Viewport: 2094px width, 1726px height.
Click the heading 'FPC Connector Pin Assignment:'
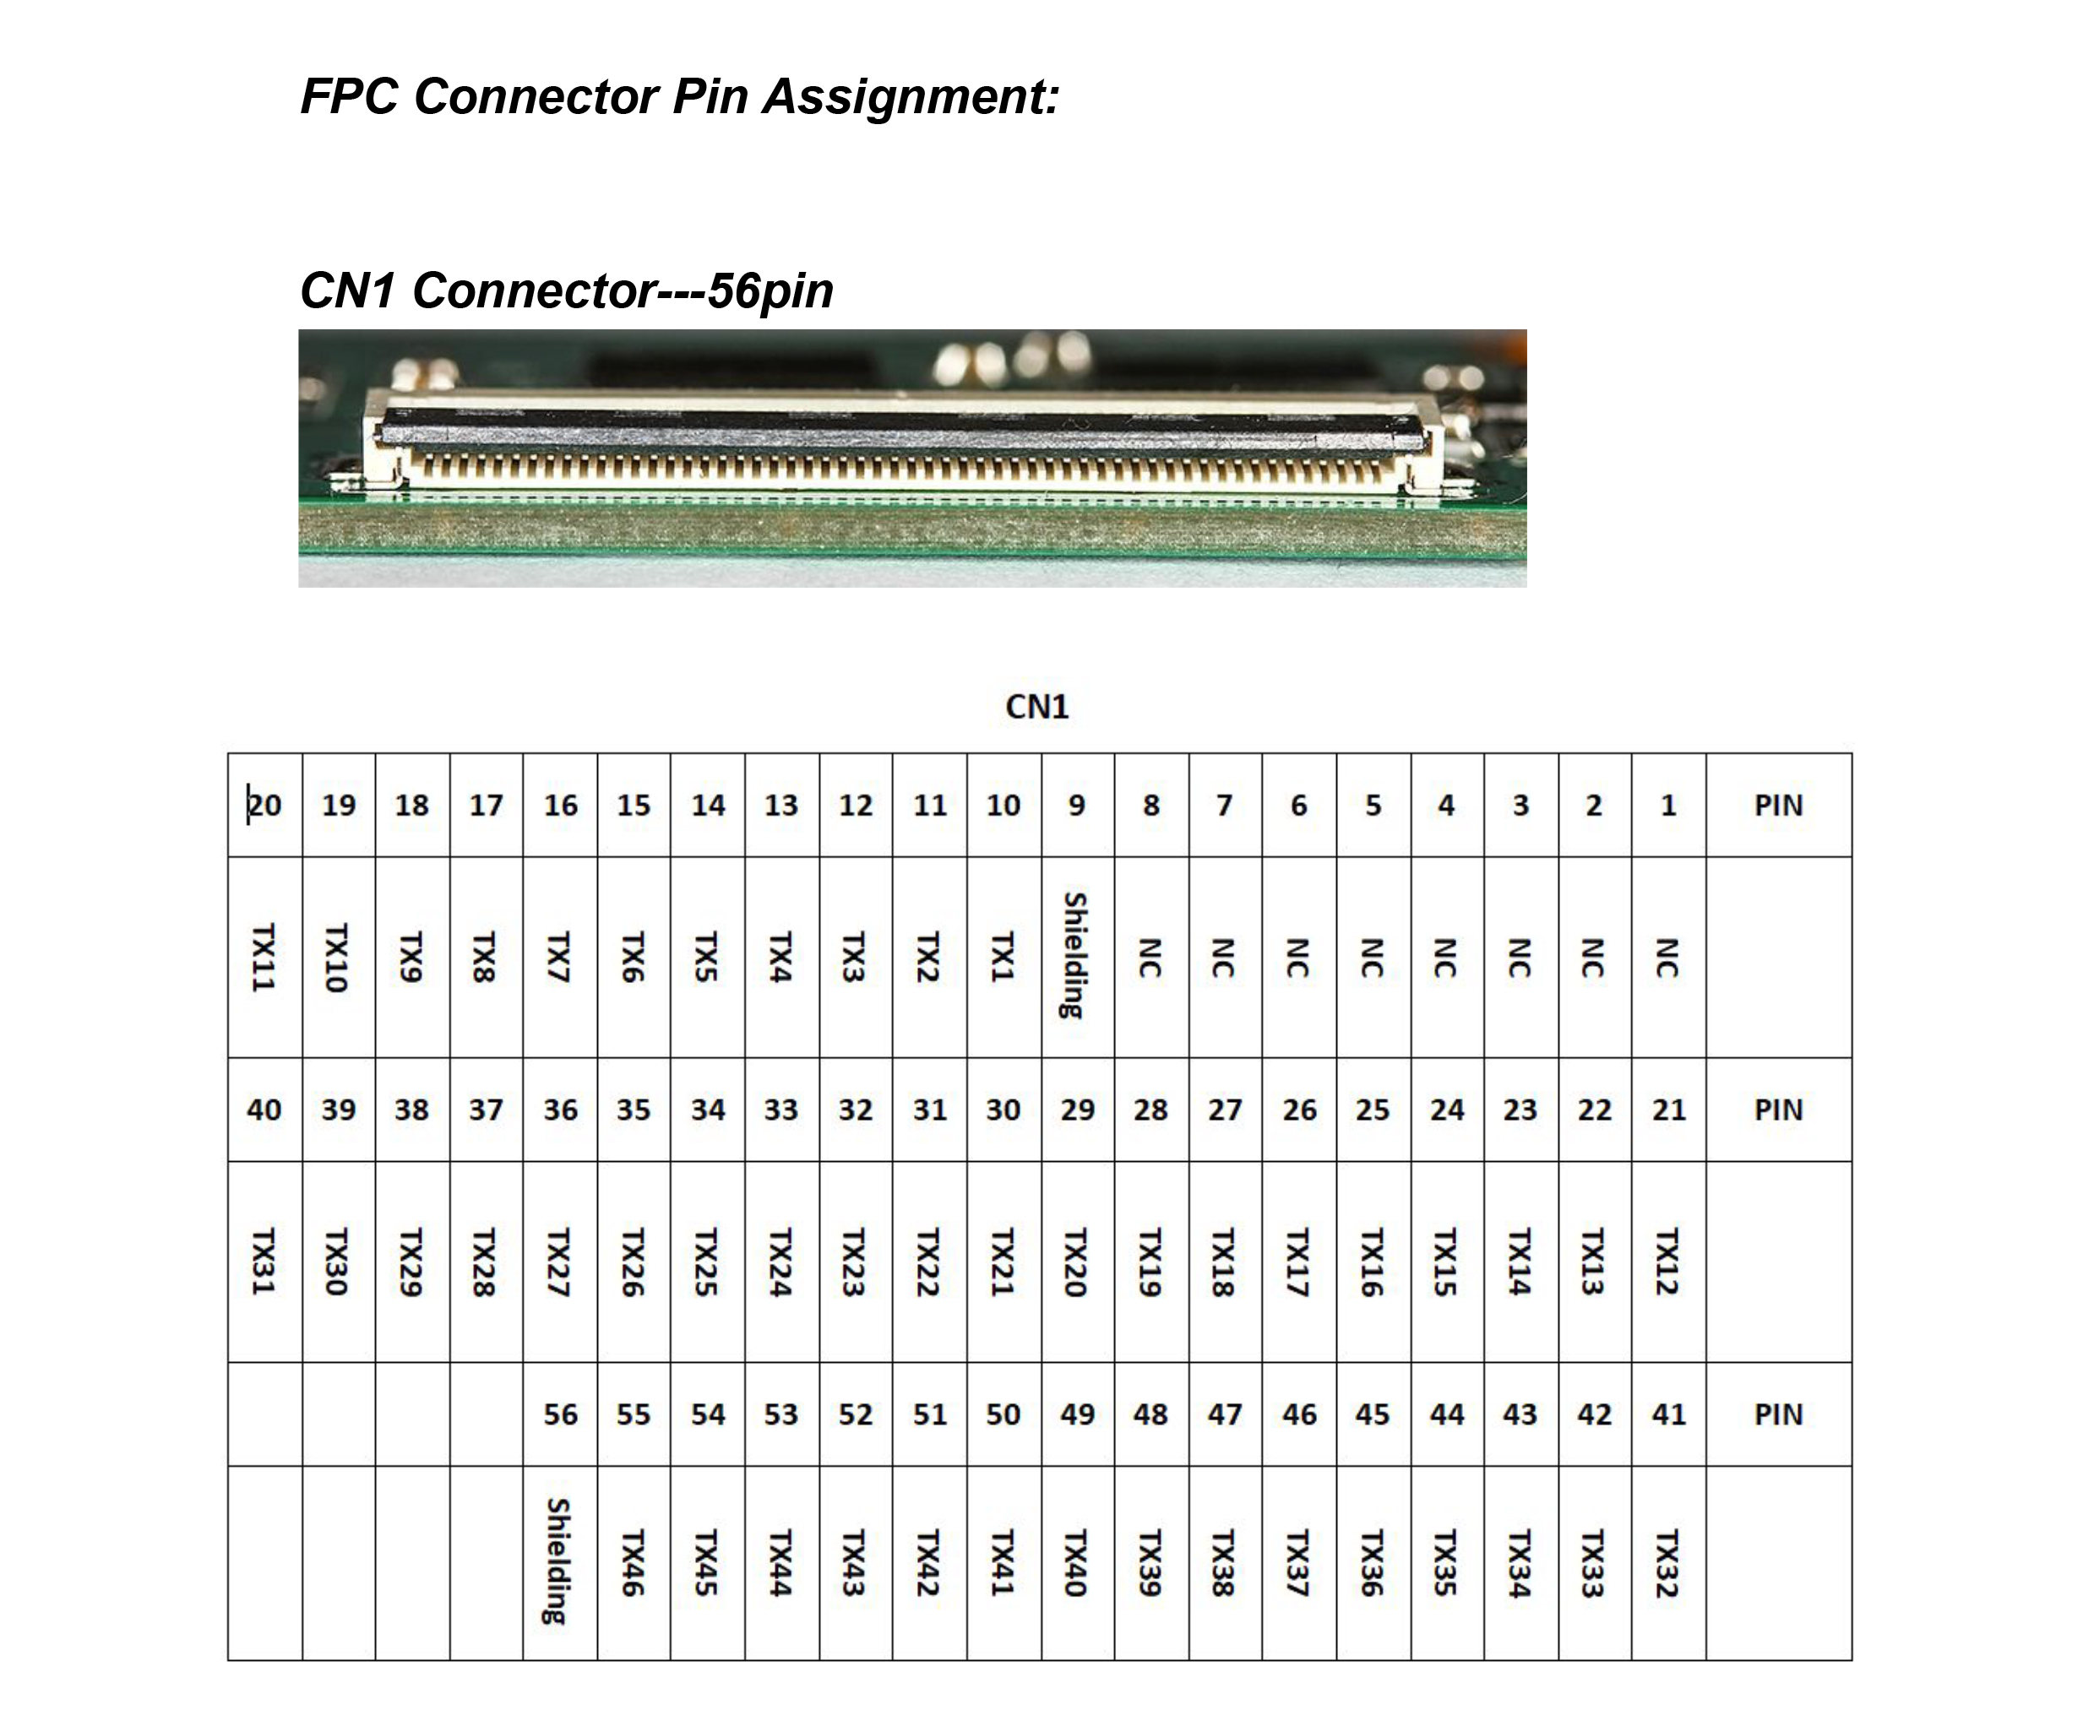(679, 97)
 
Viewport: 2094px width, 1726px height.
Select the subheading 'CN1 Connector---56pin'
(566, 290)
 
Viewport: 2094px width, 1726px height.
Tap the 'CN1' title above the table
(1036, 707)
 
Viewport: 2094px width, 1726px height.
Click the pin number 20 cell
(264, 806)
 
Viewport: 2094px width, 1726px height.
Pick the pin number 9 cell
(1077, 806)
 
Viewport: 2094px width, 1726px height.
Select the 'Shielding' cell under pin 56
(559, 1562)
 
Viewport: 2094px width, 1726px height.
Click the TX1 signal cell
(1003, 957)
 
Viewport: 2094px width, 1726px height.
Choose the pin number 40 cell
(264, 1110)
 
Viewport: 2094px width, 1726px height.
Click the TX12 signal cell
(1667, 1262)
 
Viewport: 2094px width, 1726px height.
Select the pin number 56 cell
(560, 1414)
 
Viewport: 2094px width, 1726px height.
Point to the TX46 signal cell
(634, 1563)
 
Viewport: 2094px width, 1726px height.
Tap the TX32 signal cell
(1667, 1563)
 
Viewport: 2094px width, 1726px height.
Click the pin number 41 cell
(1668, 1414)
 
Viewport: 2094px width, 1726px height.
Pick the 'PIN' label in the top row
(1778, 806)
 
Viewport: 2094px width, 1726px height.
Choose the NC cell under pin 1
(1667, 958)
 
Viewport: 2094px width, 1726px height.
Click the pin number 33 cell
(781, 1110)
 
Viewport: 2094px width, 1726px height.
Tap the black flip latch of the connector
(900, 425)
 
